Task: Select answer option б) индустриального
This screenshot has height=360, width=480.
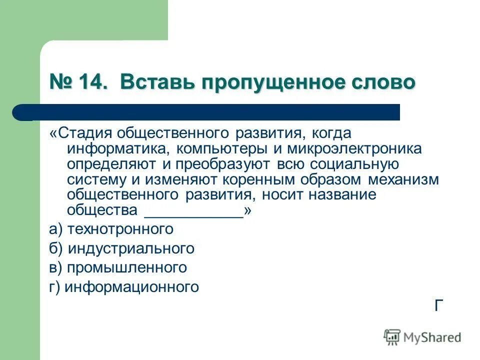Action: [x=121, y=248]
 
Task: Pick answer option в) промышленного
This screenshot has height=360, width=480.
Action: [x=118, y=268]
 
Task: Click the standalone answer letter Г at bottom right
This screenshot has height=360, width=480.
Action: [x=439, y=305]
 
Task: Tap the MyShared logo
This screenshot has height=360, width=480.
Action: [x=422, y=337]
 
